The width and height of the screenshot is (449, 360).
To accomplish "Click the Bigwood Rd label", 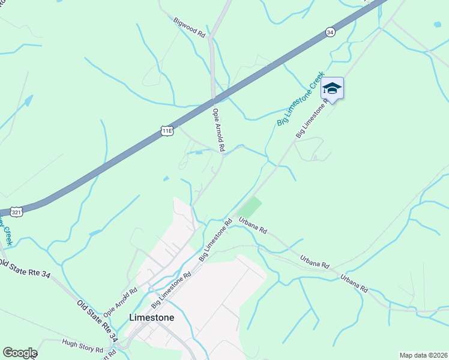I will tap(190, 28).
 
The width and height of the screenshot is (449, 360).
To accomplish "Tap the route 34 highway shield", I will tap(330, 32).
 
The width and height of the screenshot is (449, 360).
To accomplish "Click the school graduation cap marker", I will tap(332, 89).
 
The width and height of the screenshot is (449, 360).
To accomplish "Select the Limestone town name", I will tap(152, 317).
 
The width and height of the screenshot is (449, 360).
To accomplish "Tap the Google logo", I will tap(20, 353).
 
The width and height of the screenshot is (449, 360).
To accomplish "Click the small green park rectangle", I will tap(252, 207).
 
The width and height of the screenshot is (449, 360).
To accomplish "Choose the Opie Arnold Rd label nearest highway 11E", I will tap(218, 129).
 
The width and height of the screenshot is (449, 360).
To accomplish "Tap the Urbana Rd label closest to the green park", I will tap(252, 226).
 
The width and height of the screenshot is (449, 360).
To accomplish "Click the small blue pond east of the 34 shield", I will tap(436, 25).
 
